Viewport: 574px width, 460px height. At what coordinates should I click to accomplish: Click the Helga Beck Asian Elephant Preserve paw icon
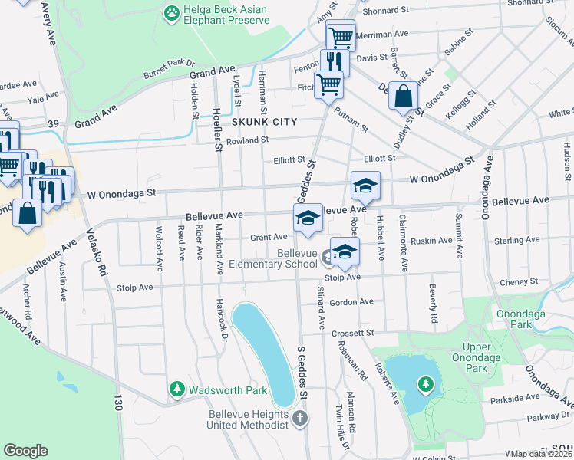(170, 13)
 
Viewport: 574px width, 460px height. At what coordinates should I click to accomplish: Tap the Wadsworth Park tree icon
(177, 390)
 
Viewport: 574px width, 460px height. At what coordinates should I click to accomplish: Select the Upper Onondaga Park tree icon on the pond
(424, 383)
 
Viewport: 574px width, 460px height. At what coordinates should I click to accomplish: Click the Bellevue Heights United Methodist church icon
(300, 419)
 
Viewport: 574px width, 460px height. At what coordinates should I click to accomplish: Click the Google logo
(25, 451)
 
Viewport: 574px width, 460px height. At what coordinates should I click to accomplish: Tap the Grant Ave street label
(268, 238)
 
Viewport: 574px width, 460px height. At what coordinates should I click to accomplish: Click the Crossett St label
(352, 333)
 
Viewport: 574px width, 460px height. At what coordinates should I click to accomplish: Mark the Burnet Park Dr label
(170, 68)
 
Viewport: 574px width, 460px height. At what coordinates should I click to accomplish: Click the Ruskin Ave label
(431, 240)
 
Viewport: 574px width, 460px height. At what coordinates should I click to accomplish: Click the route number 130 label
(117, 401)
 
